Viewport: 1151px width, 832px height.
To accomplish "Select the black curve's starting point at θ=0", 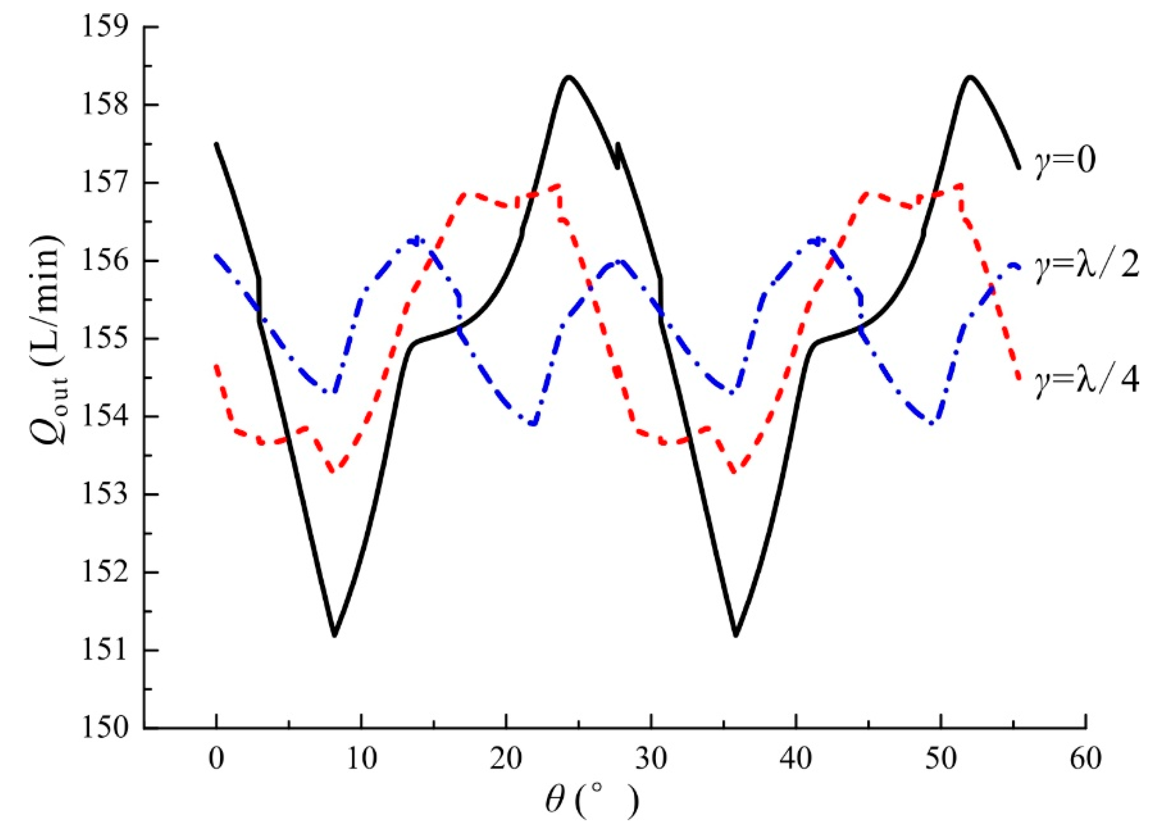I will pos(216,144).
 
